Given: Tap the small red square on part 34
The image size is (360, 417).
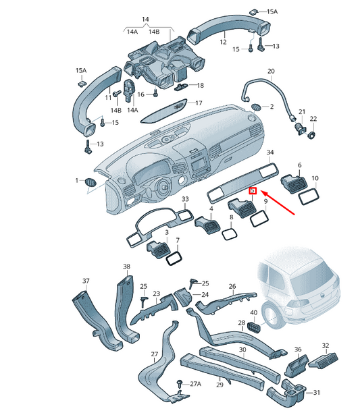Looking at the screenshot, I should (253, 191).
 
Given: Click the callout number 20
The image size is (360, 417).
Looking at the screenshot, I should (271, 71).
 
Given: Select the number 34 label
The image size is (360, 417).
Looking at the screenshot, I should (270, 152).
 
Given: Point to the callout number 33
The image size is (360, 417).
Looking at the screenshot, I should (185, 200).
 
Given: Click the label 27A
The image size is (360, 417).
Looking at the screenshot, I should (196, 384).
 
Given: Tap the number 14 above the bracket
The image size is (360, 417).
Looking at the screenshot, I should (143, 20).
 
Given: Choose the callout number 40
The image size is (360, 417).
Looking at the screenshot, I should (253, 312).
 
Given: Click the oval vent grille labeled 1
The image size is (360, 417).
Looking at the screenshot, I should (91, 181).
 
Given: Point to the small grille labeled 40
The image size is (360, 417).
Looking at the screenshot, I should (255, 327).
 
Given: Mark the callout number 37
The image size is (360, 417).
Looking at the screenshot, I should (86, 280).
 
